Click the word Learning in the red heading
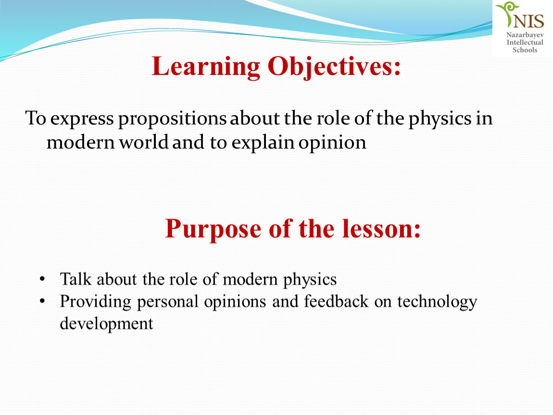coord(206,67)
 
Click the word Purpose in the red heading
coord(214,230)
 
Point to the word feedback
coord(336,301)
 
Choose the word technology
coord(437,302)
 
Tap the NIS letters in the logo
coord(528,21)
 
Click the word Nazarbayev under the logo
coord(525,35)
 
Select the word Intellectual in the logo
coord(525,42)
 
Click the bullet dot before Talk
coord(42,280)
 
